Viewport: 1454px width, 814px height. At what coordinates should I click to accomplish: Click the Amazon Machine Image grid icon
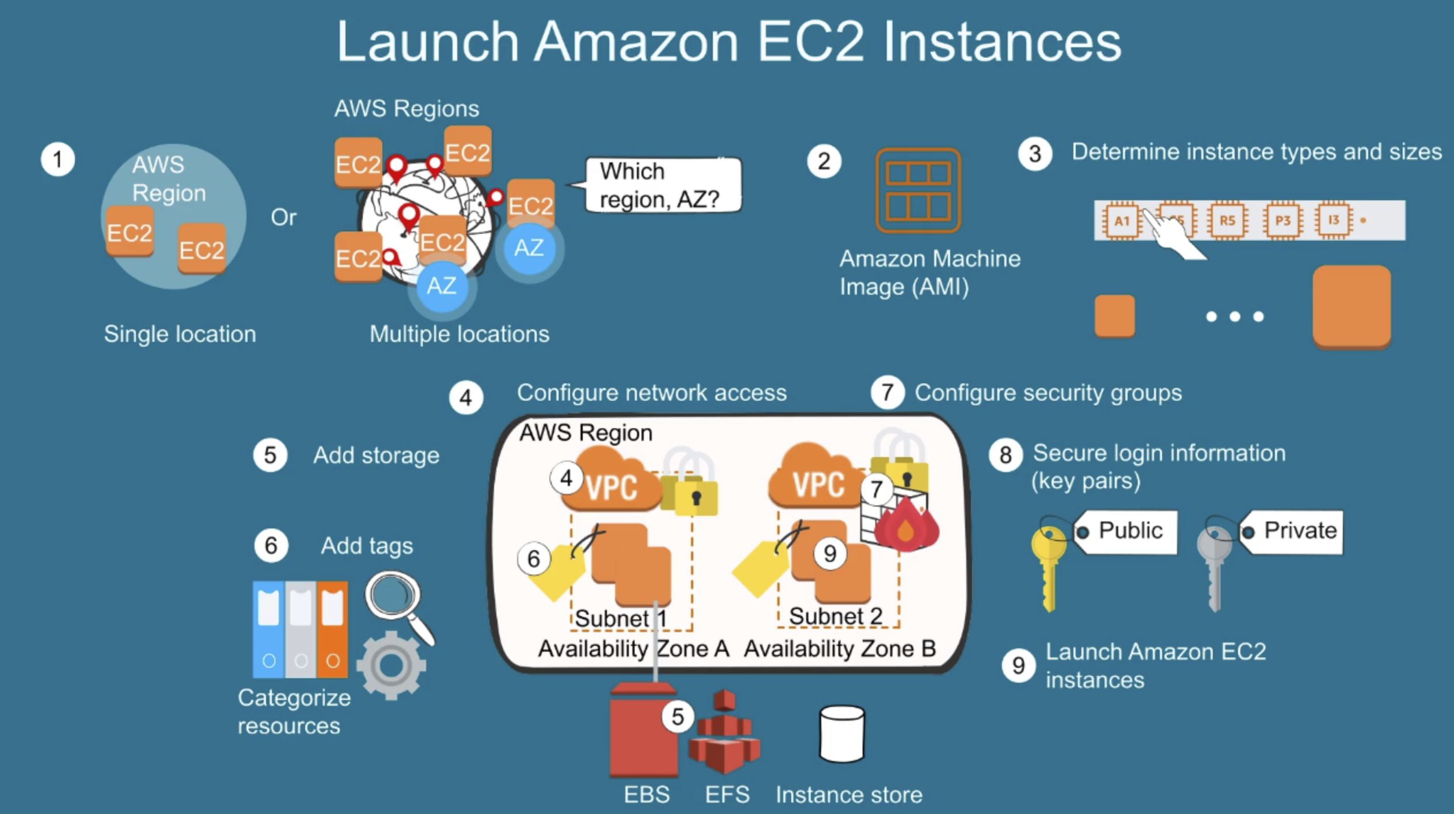(x=918, y=190)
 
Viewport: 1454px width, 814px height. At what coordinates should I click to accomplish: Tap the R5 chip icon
(x=1227, y=220)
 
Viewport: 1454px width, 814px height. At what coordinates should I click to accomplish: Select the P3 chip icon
(x=1282, y=220)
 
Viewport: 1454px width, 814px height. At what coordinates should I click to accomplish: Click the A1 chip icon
(x=1121, y=220)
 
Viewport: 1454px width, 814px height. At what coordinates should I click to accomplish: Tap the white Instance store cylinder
(x=842, y=734)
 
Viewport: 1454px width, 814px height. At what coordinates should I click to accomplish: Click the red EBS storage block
(x=642, y=731)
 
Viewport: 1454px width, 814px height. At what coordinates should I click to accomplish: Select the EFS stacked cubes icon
(x=724, y=734)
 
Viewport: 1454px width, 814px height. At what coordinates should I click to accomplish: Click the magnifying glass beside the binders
(x=395, y=599)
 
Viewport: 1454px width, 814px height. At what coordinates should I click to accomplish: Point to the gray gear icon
(x=392, y=665)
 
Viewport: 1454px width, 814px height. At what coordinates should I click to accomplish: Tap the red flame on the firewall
(x=906, y=527)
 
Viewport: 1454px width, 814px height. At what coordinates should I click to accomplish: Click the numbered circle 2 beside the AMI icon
(x=824, y=161)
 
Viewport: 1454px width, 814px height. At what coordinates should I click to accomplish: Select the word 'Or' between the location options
(x=283, y=218)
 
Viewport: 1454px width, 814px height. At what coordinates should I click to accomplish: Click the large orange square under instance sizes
(x=1352, y=306)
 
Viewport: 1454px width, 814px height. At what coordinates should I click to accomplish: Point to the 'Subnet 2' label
(x=836, y=616)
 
